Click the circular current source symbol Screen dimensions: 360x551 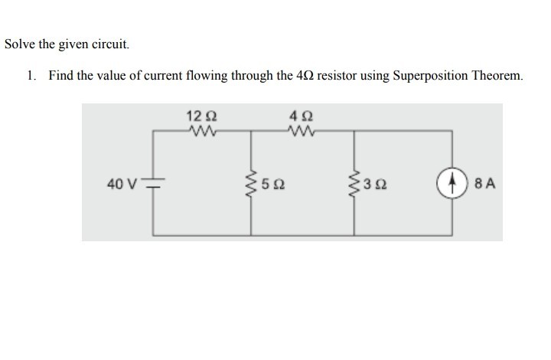[455, 184]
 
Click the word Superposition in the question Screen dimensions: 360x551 [432, 77]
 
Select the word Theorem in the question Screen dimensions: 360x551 [499, 77]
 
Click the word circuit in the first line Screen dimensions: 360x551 [112, 44]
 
